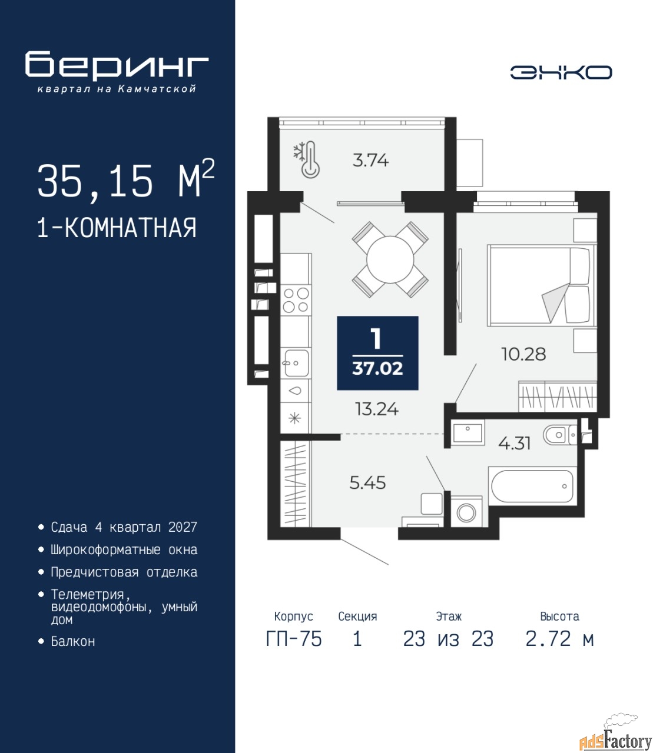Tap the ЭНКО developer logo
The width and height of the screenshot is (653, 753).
tap(561, 72)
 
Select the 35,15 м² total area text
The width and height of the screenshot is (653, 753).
tap(126, 181)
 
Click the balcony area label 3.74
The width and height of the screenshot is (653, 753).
tap(370, 160)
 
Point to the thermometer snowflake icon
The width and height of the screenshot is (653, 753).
tap(307, 159)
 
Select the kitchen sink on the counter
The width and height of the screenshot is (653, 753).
tap(296, 363)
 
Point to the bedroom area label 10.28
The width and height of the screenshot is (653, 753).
tap(523, 354)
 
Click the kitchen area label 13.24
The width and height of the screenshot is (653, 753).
tap(377, 409)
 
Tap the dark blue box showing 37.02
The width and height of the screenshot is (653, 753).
tap(377, 353)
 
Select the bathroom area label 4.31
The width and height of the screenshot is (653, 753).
tap(514, 444)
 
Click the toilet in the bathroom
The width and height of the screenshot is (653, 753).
tap(560, 435)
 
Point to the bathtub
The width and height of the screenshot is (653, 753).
tap(532, 486)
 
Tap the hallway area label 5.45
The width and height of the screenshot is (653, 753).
tap(367, 483)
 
